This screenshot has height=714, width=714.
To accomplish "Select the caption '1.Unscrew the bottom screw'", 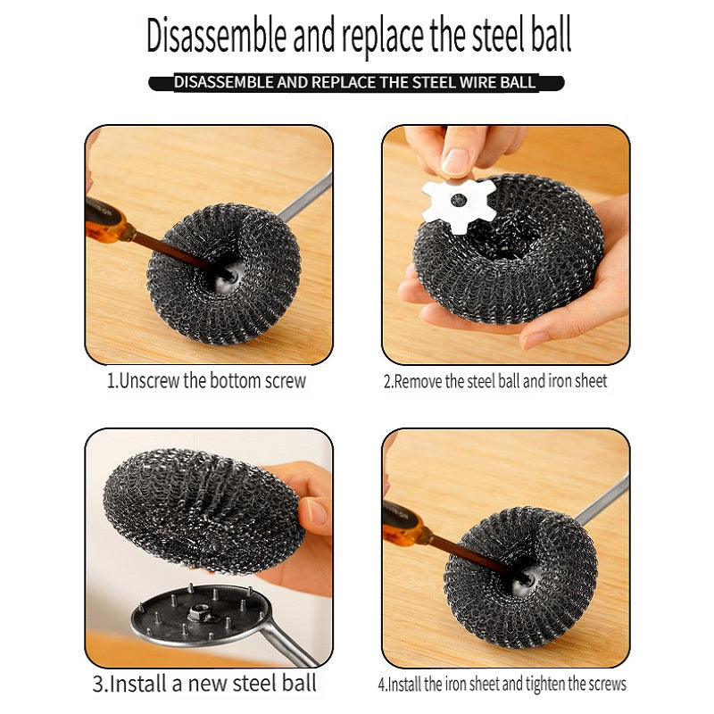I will pos(206,381).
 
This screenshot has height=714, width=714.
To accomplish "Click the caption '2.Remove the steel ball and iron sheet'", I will pos(495,382).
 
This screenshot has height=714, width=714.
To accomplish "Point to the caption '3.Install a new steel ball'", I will pos(204,685).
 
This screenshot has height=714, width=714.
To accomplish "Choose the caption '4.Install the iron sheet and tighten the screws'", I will pos(502,685).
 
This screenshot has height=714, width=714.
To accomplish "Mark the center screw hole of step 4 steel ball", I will pos(522,579).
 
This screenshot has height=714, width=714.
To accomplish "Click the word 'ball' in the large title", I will pos(545,37).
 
